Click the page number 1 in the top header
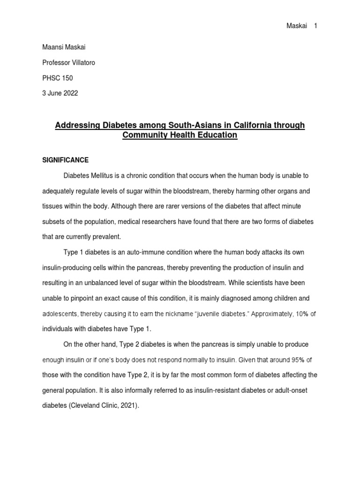tap(316, 26)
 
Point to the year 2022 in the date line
tap(69, 93)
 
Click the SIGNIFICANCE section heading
tap(65, 160)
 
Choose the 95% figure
tap(300, 360)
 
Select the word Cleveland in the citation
tap(87, 405)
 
